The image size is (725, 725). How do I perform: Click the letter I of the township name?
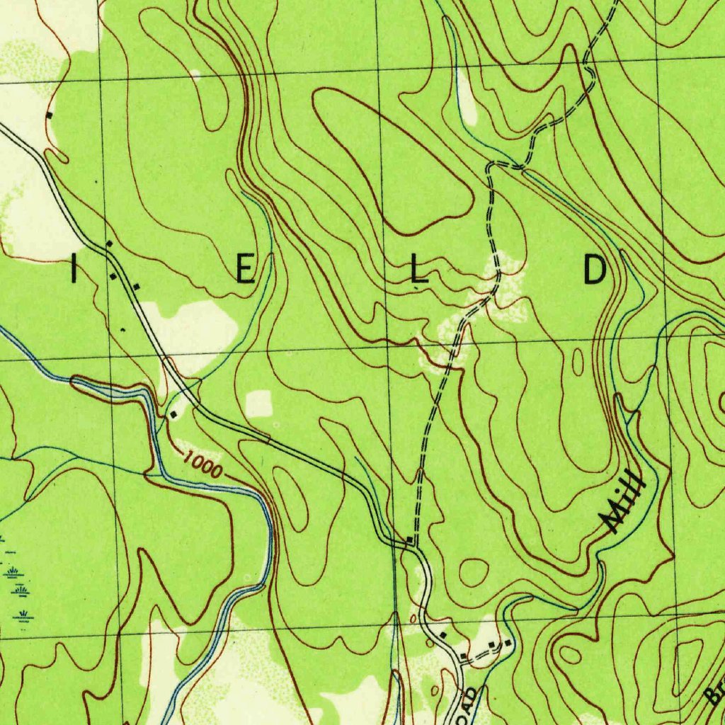pyautogui.click(x=74, y=271)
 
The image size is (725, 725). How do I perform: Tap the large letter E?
pyautogui.click(x=245, y=270)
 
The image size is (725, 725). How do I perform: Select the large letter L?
pyautogui.click(x=418, y=271)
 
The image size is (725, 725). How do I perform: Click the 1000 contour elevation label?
pyautogui.click(x=202, y=465)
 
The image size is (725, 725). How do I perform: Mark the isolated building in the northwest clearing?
pyautogui.click(x=50, y=114)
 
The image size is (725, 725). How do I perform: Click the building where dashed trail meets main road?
pyautogui.click(x=410, y=541)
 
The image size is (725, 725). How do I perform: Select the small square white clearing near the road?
pyautogui.click(x=258, y=404)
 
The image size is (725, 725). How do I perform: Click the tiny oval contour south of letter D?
pyautogui.click(x=578, y=362)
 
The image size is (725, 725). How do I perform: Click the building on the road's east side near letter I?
pyautogui.click(x=136, y=286)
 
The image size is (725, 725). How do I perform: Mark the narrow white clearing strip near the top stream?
pyautogui.click(x=467, y=99)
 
